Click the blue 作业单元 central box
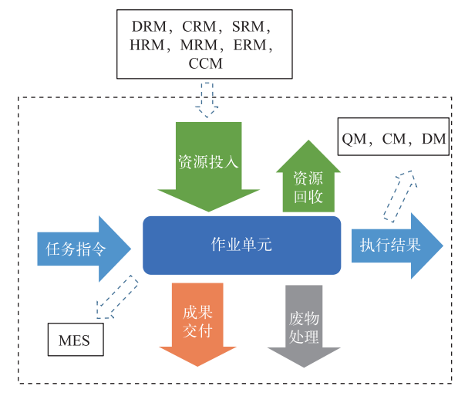point(241,245)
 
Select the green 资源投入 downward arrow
point(208,164)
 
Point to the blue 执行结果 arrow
point(395,246)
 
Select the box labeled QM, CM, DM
point(392,139)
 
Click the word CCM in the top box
point(205,64)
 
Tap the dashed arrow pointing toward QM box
point(401,196)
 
